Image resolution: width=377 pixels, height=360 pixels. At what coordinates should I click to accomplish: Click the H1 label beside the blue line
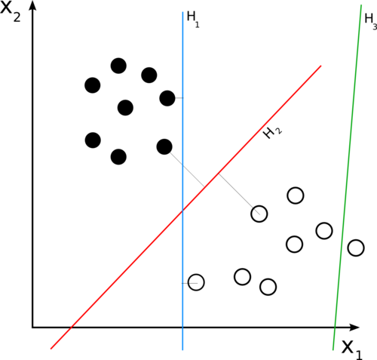(193, 20)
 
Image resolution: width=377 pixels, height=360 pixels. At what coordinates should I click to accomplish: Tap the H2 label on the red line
(272, 132)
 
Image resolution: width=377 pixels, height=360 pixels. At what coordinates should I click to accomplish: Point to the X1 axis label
(352, 350)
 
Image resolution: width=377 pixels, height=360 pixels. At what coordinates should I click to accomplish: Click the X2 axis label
(10, 12)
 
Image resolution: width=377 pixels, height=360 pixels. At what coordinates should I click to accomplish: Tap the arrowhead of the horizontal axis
(354, 328)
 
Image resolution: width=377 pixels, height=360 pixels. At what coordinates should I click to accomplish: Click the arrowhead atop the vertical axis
(32, 5)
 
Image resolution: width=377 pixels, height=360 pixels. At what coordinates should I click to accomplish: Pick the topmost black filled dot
(118, 66)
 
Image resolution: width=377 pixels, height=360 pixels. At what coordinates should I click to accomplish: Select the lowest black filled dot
(118, 157)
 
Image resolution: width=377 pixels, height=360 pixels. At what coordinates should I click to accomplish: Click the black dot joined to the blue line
(167, 98)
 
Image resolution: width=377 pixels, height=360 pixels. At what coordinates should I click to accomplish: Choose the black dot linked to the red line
(164, 146)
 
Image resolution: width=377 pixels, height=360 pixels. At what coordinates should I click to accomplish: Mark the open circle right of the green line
(356, 248)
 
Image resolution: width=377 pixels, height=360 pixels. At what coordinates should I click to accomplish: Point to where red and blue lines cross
(182, 211)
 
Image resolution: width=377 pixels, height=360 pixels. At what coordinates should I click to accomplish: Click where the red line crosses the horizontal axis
(72, 328)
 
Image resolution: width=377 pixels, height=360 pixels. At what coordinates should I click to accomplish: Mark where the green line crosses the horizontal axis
(335, 328)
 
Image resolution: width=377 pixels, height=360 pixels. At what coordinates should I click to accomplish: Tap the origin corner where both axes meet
(32, 328)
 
